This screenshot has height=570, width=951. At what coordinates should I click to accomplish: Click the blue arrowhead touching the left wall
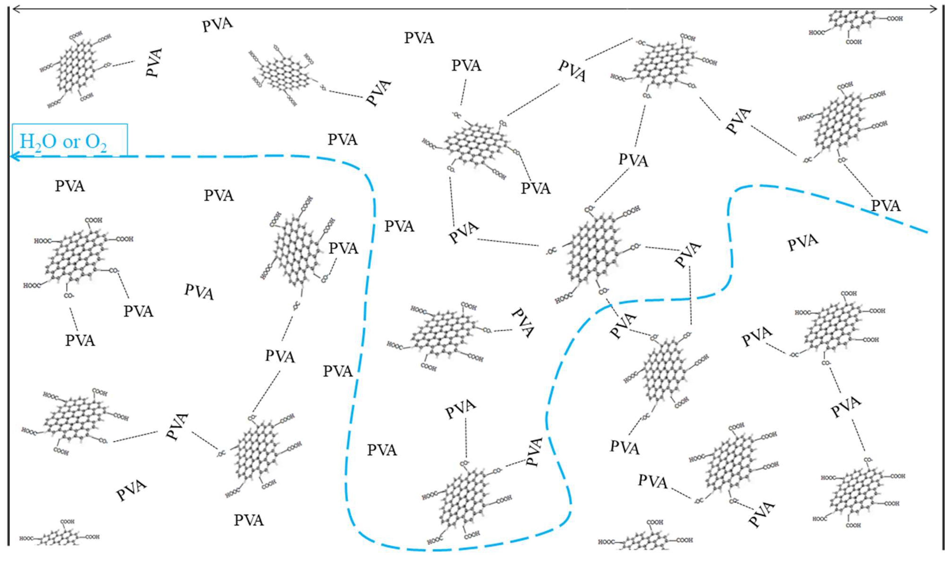14,156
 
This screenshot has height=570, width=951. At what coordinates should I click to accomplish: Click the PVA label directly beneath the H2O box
70,186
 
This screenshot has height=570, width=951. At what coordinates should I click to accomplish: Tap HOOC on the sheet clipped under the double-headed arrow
817,33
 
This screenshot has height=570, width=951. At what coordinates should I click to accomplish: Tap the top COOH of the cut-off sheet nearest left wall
67,522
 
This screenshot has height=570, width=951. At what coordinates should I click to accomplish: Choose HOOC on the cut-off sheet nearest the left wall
26,539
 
